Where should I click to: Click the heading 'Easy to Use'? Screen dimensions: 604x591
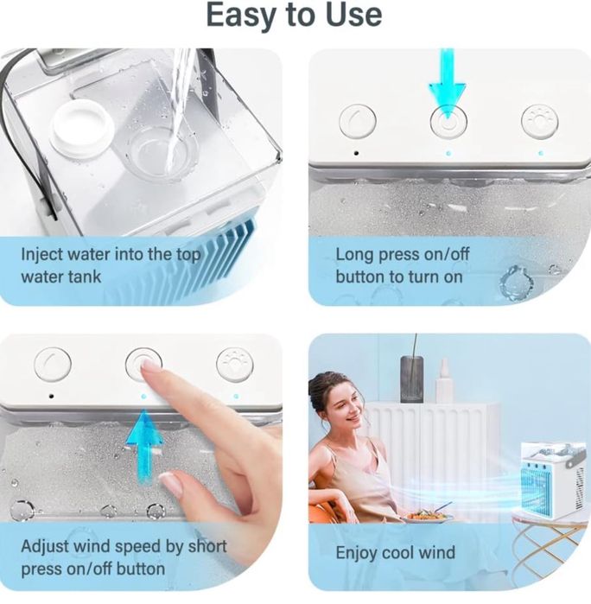[294, 15]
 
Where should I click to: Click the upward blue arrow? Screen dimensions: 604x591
[144, 441]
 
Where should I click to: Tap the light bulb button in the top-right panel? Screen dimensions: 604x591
[539, 122]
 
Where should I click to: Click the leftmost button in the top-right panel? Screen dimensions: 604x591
[357, 122]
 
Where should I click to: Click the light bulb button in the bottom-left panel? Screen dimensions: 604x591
[234, 365]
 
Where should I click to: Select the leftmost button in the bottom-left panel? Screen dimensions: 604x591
[53, 364]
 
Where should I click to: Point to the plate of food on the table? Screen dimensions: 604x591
[427, 517]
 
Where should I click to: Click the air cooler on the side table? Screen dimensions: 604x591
[553, 479]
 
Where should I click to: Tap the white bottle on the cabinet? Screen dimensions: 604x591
[444, 382]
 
